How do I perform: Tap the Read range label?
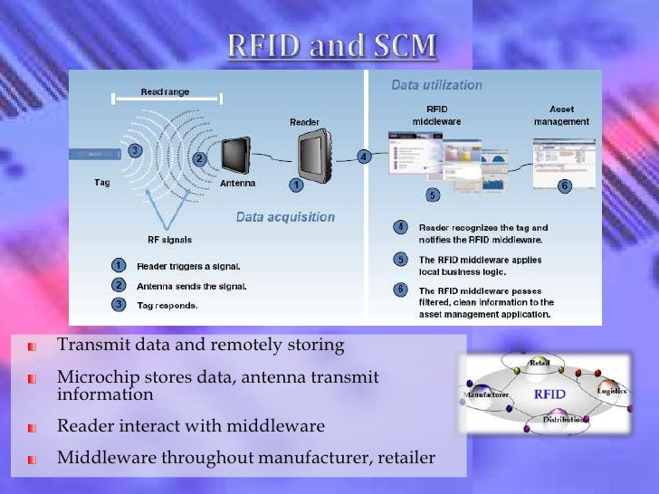[x=163, y=92]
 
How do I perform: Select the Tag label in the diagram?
[x=103, y=182]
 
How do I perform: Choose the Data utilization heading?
[x=435, y=85]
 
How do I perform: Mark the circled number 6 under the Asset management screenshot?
[x=564, y=185]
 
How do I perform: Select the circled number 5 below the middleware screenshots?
[x=433, y=195]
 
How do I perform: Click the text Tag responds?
[x=166, y=305]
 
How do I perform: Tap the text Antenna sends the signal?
[x=191, y=286]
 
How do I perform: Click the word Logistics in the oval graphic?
[x=612, y=391]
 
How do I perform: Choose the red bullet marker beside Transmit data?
[x=32, y=347]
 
